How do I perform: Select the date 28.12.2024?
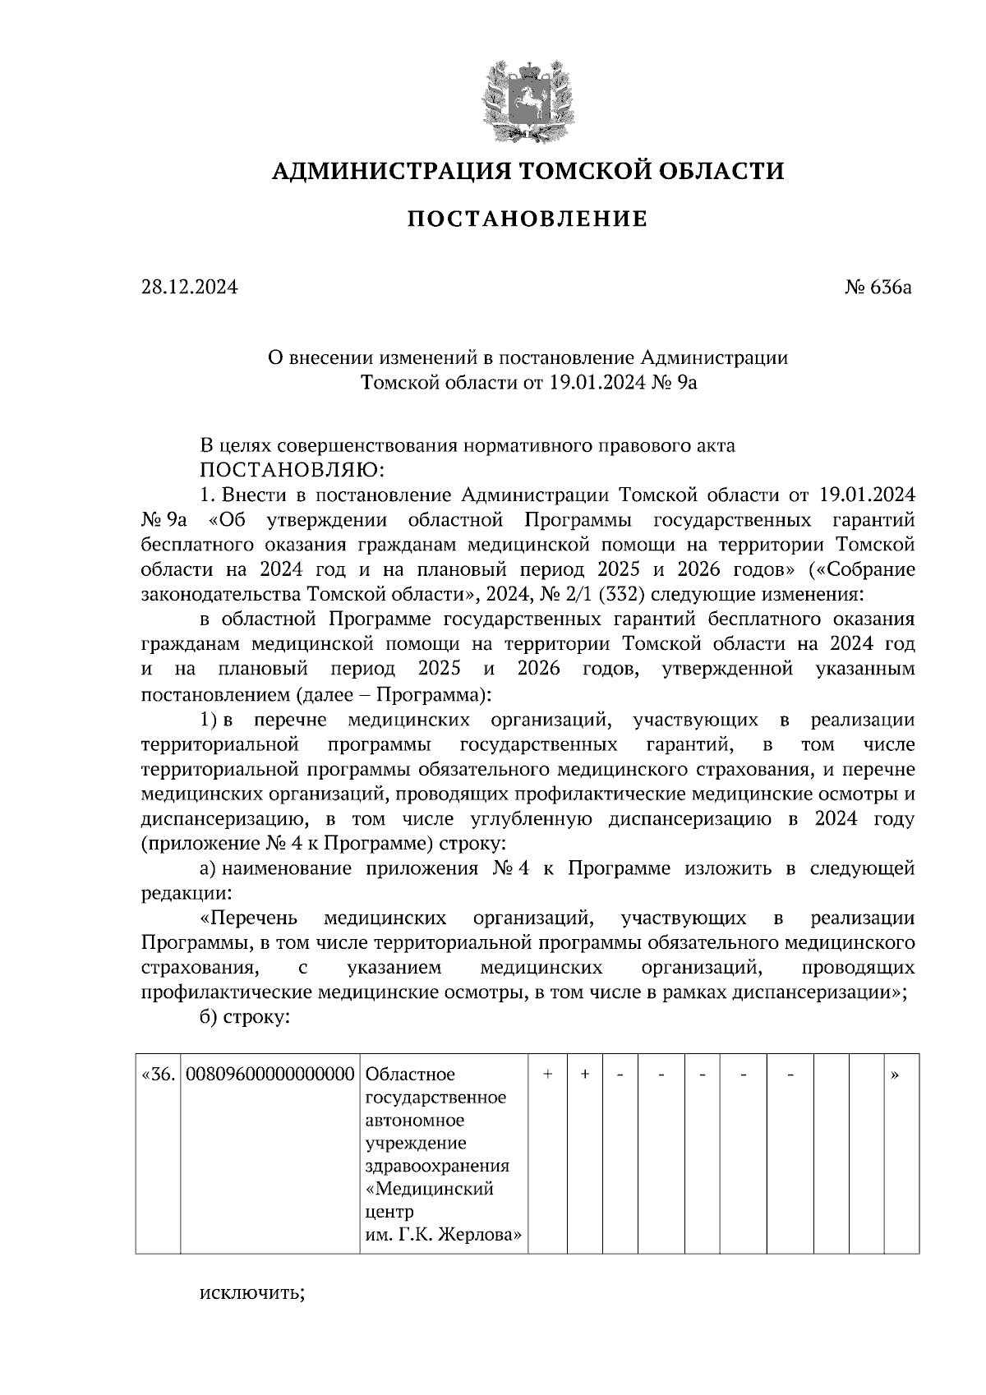coord(189,288)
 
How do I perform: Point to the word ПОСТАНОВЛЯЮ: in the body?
coord(289,471)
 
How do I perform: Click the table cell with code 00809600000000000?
coord(270,1074)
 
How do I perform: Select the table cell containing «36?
coord(158,1074)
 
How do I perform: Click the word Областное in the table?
coord(409,1074)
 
